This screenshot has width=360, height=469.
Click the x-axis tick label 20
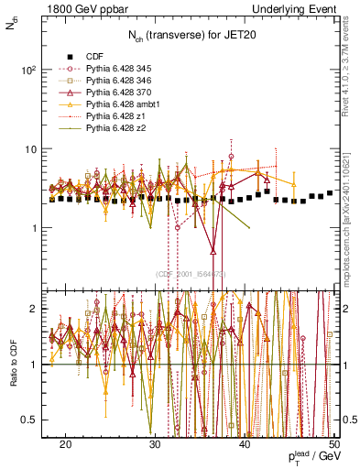click(65, 443)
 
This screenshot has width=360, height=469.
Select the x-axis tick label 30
click(155, 443)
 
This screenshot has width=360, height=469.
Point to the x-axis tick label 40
click(245, 443)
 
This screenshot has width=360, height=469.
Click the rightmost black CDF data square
click(330, 193)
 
